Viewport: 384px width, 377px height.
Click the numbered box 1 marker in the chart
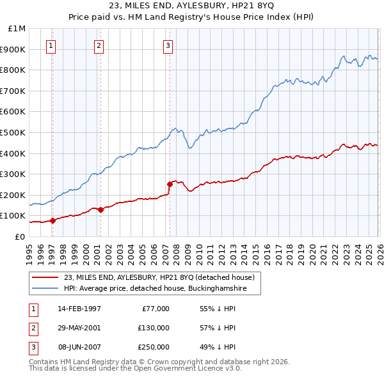51,45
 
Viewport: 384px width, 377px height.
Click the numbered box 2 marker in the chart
99,45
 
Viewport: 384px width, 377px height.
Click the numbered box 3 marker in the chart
167,45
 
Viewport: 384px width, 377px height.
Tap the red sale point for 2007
170,184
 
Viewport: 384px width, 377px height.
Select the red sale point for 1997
52,220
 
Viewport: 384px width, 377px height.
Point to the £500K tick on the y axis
15,132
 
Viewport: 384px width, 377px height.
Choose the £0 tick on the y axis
20,236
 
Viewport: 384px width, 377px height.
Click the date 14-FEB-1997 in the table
79,309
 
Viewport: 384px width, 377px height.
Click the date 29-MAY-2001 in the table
79,328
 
